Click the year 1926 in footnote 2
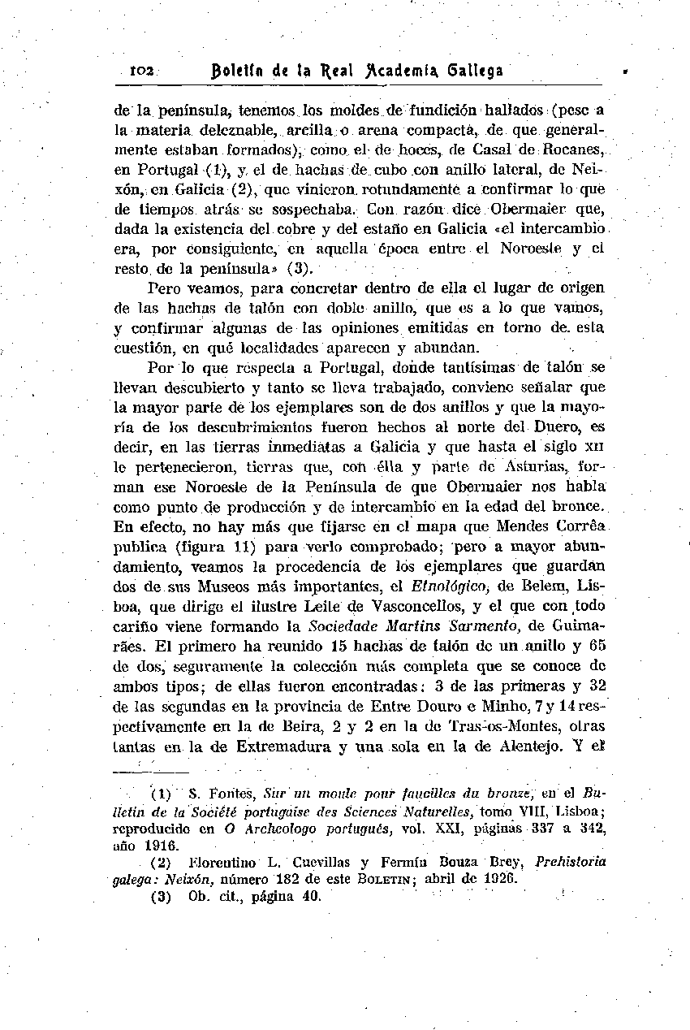coord(503,879)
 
